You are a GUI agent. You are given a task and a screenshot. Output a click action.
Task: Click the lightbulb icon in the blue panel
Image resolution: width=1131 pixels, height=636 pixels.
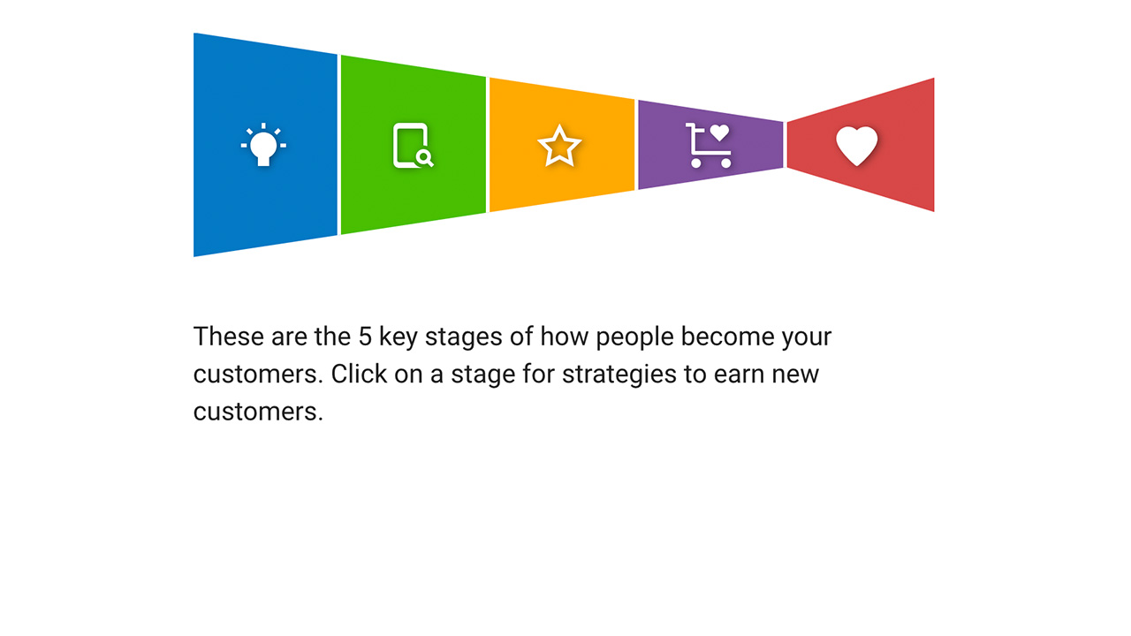[263, 146]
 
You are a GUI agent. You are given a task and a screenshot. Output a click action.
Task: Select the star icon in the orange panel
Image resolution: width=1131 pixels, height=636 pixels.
[559, 146]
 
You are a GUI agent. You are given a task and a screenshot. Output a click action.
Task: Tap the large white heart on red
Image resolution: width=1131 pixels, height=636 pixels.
[857, 146]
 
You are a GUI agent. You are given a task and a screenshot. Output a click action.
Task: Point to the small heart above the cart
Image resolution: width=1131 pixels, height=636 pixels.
[720, 132]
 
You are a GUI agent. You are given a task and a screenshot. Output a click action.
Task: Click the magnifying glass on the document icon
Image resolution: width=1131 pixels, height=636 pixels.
[425, 158]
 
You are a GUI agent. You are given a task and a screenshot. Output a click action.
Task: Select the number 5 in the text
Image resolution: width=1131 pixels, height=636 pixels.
[365, 337]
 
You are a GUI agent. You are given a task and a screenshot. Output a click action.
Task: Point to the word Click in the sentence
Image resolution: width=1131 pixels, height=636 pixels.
[359, 374]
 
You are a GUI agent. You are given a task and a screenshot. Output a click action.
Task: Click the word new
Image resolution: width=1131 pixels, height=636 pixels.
[795, 374]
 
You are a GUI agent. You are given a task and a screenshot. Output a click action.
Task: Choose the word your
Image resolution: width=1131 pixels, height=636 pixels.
[807, 337]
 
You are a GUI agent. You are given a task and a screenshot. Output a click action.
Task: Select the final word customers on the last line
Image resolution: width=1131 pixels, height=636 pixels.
[258, 411]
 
